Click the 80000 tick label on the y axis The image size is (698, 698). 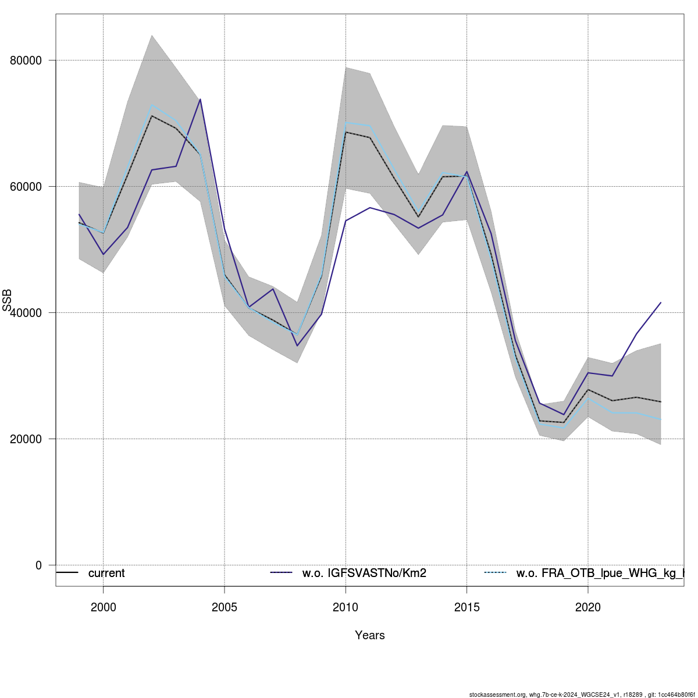pyautogui.click(x=26, y=60)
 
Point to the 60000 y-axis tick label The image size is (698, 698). pyautogui.click(x=26, y=187)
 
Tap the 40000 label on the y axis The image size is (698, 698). pyautogui.click(x=26, y=313)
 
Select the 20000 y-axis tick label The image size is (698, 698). pyautogui.click(x=26, y=439)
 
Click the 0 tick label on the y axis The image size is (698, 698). pyautogui.click(x=38, y=565)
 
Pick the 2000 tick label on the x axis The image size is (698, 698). pyautogui.click(x=104, y=608)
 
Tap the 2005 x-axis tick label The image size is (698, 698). pyautogui.click(x=225, y=608)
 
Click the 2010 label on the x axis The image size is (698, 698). pyautogui.click(x=346, y=608)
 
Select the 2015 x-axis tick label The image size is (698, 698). pyautogui.click(x=466, y=608)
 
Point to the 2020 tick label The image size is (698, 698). pyautogui.click(x=588, y=608)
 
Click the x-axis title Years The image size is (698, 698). pyautogui.click(x=370, y=635)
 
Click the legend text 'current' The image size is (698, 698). pyautogui.click(x=106, y=574)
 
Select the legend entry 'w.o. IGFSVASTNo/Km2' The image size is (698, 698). pyautogui.click(x=364, y=574)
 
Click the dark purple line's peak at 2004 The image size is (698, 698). pyautogui.click(x=200, y=99)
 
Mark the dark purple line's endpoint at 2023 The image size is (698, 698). pyautogui.click(x=661, y=302)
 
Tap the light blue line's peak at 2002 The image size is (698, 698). pyautogui.click(x=152, y=105)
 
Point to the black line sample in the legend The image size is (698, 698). pyautogui.click(x=67, y=573)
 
